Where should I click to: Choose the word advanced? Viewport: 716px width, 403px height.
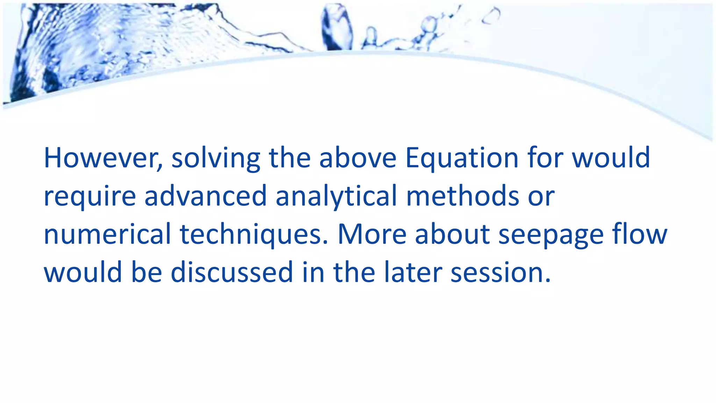pyautogui.click(x=206, y=196)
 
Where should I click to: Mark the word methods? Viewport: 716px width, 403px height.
pyautogui.click(x=463, y=196)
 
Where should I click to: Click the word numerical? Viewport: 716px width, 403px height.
pyautogui.click(x=107, y=234)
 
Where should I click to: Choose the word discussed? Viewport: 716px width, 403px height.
pyautogui.click(x=232, y=273)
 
